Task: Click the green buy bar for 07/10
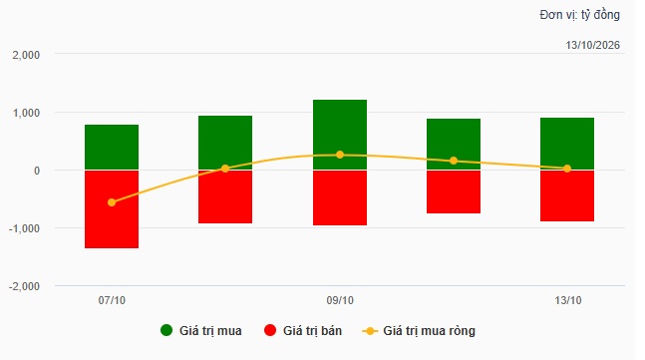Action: (112, 147)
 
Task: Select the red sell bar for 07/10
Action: (112, 209)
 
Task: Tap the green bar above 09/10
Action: (340, 135)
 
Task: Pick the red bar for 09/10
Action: (340, 197)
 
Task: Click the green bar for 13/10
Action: (567, 144)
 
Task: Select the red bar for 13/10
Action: (567, 195)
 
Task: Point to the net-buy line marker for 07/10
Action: (112, 202)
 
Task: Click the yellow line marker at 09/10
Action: (340, 155)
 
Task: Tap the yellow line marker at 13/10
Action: (567, 169)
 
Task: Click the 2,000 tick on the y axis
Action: (26, 55)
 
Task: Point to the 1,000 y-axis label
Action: (26, 113)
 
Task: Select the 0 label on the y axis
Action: (37, 171)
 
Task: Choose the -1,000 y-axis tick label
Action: (24, 228)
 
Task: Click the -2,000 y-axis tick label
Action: (24, 286)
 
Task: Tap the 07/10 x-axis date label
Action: (112, 300)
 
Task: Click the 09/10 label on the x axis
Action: (340, 300)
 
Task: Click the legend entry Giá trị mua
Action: (201, 331)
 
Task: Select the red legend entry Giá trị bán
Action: (303, 331)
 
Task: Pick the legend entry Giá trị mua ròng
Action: (419, 331)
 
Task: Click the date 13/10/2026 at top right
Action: (592, 45)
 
